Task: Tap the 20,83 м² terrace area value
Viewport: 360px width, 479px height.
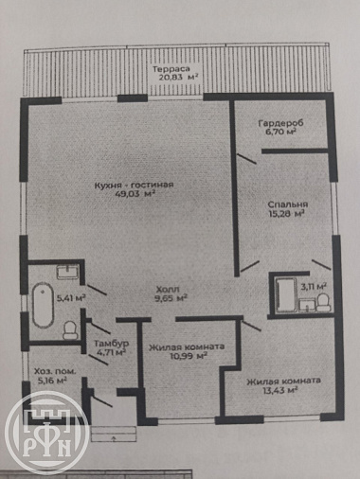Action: (x=178, y=78)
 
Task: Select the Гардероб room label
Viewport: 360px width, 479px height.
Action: (x=280, y=123)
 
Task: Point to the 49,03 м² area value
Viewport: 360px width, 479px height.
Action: (x=136, y=194)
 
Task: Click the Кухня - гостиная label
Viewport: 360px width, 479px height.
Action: (x=135, y=185)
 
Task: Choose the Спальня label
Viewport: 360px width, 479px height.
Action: (x=287, y=204)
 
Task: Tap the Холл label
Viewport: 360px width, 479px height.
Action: (x=168, y=289)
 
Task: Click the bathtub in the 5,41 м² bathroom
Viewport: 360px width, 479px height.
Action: (x=43, y=305)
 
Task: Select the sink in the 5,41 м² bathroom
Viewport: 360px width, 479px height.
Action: (x=67, y=272)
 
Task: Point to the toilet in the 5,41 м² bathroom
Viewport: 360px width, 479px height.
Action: (x=70, y=330)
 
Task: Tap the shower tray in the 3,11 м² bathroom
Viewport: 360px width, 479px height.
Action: (x=286, y=295)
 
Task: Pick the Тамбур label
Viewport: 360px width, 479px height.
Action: (x=112, y=344)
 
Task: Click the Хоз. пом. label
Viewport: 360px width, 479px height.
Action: (x=55, y=371)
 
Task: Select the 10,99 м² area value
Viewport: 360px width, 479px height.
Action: (x=188, y=356)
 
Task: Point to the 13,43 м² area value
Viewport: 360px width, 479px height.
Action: (x=280, y=390)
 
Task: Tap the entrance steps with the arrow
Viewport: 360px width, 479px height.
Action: (x=114, y=434)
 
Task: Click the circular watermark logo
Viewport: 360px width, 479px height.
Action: (x=46, y=434)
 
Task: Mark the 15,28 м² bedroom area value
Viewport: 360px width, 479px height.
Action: (x=286, y=214)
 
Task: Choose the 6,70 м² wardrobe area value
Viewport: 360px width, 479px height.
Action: (x=280, y=132)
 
